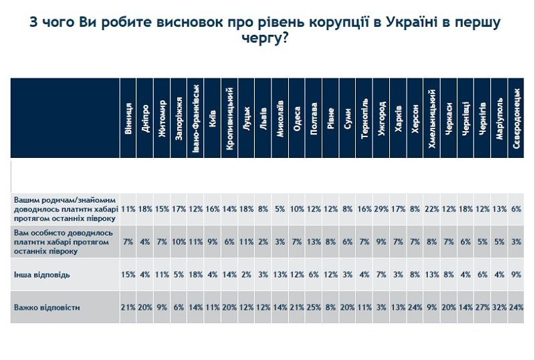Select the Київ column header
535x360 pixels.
(x=213, y=117)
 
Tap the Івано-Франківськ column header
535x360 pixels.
(x=196, y=117)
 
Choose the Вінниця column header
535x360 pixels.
(x=128, y=117)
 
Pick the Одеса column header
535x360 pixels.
(x=297, y=117)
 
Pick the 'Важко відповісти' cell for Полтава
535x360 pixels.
(x=314, y=307)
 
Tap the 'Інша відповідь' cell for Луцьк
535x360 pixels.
(x=246, y=274)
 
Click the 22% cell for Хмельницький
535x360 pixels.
(x=432, y=209)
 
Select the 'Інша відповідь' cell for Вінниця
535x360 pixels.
(x=128, y=274)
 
